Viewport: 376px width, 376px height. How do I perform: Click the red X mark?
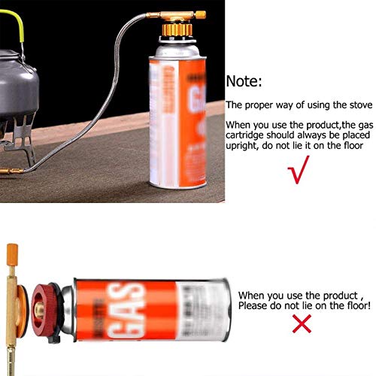point(281,324)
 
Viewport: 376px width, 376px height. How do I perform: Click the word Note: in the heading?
point(244,82)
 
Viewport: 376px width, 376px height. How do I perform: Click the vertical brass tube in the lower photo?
point(14,316)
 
